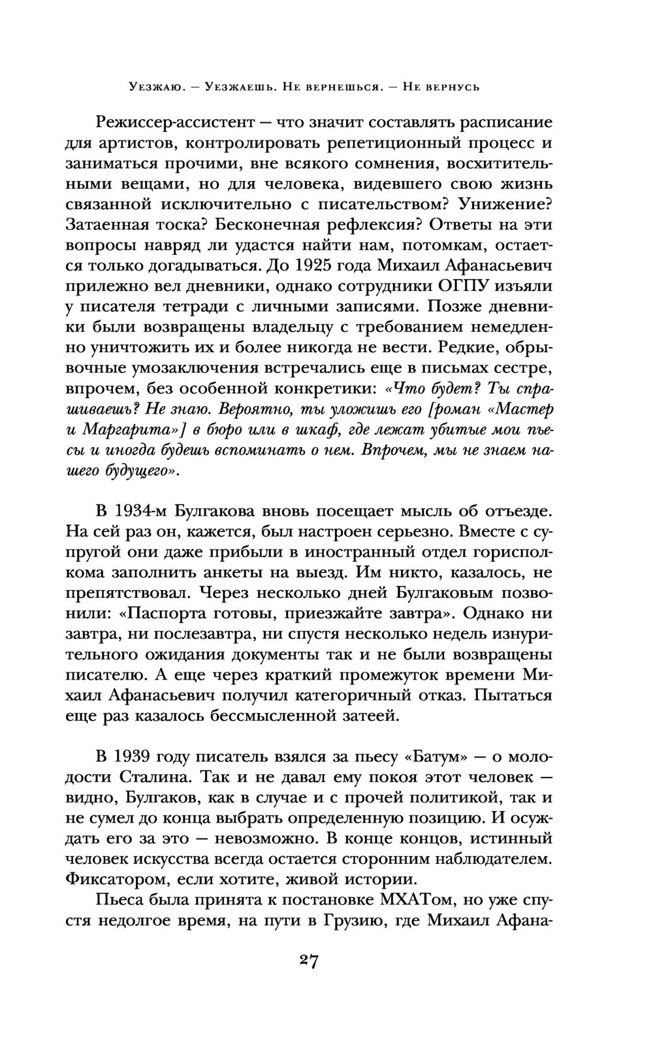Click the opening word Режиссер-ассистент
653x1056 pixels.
click(178, 122)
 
